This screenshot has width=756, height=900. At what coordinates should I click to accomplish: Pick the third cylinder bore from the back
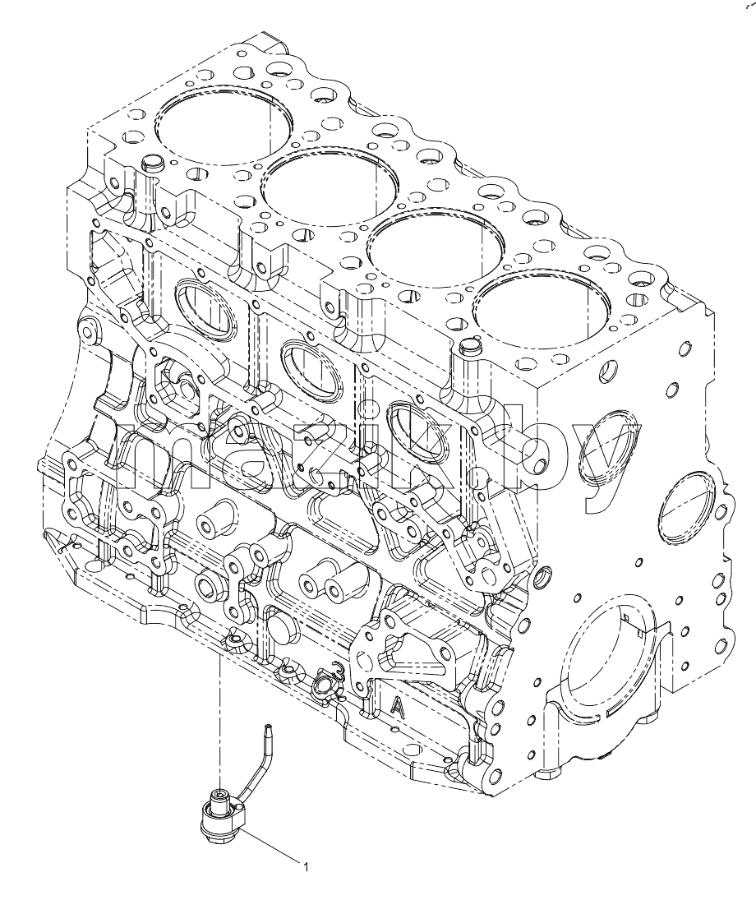(x=436, y=248)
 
